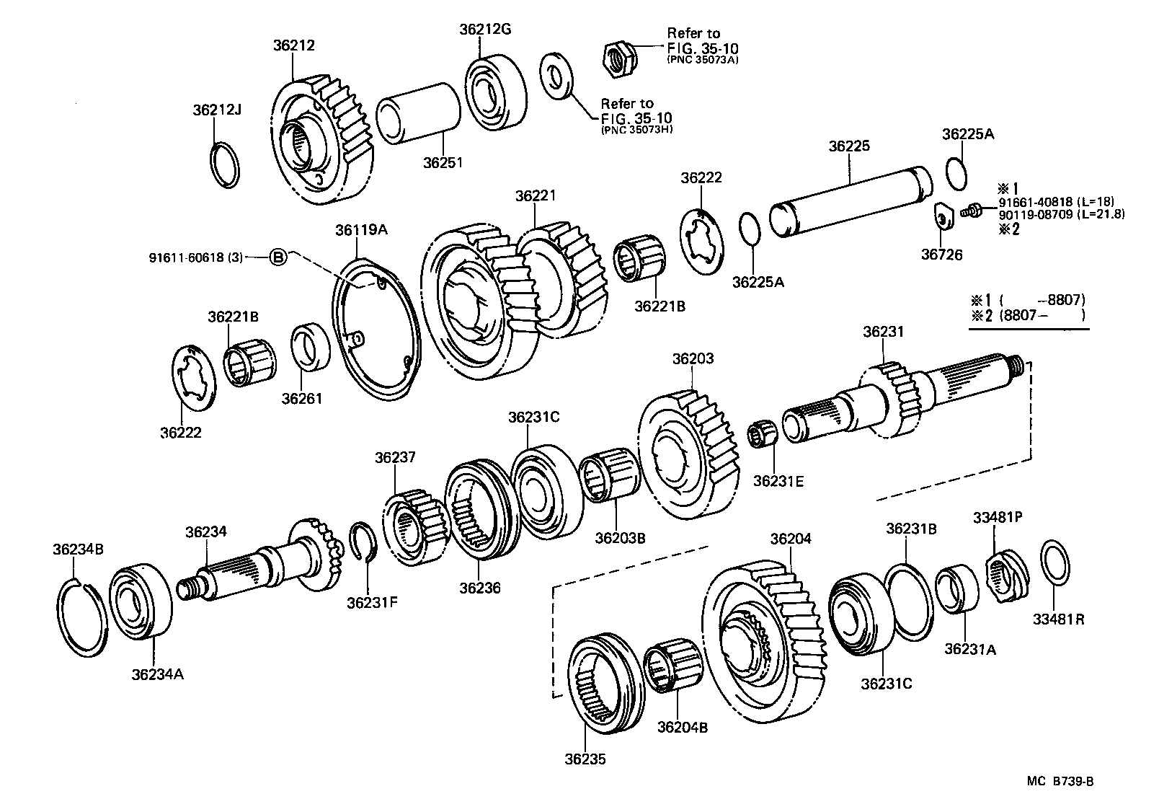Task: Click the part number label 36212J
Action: (x=216, y=110)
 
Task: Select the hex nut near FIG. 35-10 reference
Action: (x=618, y=57)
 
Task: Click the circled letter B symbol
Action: (x=278, y=256)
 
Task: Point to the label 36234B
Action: (x=78, y=549)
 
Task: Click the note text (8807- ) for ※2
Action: (x=1042, y=315)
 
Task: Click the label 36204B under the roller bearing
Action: (x=682, y=727)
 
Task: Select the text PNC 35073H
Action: (x=633, y=130)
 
